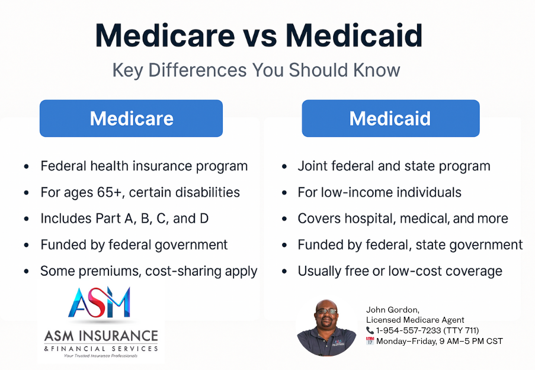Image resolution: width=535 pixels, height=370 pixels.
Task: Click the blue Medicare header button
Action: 131,118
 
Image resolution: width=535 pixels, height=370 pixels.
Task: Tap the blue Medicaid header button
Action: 390,118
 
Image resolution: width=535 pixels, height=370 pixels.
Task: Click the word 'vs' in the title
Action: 260,36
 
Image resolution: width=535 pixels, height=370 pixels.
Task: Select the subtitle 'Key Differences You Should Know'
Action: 256,70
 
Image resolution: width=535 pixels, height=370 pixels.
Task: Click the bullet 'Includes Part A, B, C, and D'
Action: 124,218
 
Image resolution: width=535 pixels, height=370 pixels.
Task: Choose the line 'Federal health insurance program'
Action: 144,166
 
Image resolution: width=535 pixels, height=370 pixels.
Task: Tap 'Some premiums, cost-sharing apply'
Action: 149,271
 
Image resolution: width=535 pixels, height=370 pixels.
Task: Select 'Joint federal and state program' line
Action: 394,166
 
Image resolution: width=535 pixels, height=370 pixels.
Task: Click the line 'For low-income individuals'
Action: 379,192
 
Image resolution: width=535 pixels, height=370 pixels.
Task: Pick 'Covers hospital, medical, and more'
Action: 403,218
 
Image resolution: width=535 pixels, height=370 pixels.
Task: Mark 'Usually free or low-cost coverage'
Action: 400,271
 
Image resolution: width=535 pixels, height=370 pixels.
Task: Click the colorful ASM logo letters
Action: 100,302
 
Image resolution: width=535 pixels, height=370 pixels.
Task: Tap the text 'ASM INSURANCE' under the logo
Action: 101,336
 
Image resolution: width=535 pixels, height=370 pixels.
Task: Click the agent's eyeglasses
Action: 326,311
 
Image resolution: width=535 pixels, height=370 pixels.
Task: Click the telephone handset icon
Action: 370,330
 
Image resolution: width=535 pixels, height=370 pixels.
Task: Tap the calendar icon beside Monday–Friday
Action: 370,341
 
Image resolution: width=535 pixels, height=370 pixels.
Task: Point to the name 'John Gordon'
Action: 392,310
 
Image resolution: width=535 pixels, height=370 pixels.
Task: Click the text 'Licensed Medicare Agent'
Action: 415,320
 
